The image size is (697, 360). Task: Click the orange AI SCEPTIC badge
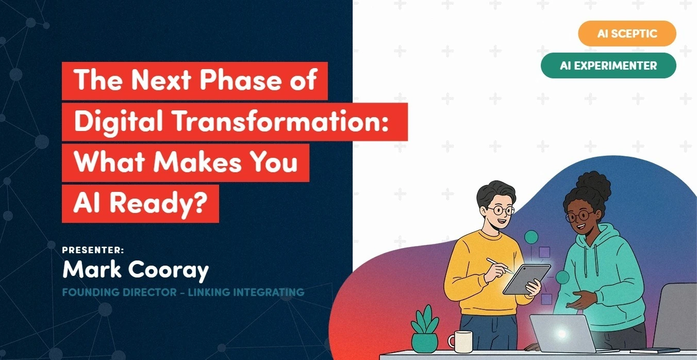pyautogui.click(x=627, y=34)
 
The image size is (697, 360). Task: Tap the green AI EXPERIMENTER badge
pyautogui.click(x=608, y=66)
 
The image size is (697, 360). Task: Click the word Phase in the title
pyautogui.click(x=241, y=80)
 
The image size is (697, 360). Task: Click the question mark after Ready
pyautogui.click(x=200, y=202)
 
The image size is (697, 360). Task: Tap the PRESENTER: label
pyautogui.click(x=93, y=250)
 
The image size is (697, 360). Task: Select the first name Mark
pyautogui.click(x=92, y=269)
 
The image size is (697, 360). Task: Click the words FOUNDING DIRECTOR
pyautogui.click(x=120, y=292)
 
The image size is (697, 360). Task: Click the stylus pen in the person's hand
pyautogui.click(x=500, y=266)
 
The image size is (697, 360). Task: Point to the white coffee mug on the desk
pyautogui.click(x=460, y=341)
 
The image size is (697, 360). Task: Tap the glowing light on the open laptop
pyautogui.click(x=561, y=334)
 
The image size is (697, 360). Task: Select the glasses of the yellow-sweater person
pyautogui.click(x=501, y=210)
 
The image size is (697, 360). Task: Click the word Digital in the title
pyautogui.click(x=119, y=122)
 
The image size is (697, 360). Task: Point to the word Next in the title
pyautogui.click(x=161, y=80)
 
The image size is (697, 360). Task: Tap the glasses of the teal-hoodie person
pyautogui.click(x=579, y=216)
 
